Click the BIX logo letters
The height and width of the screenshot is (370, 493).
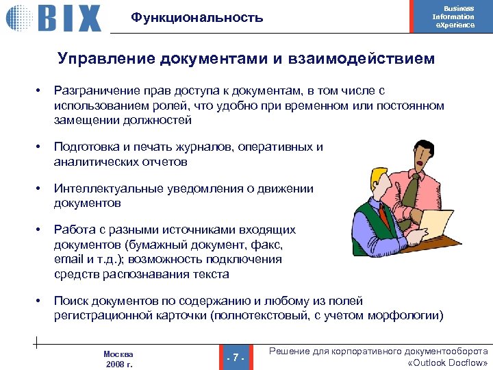click(68, 18)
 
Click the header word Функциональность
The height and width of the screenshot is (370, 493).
click(197, 18)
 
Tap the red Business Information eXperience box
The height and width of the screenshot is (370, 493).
click(453, 16)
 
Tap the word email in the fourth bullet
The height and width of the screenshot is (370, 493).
click(68, 260)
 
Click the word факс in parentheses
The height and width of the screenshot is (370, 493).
click(268, 245)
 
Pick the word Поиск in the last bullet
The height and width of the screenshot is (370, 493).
click(71, 301)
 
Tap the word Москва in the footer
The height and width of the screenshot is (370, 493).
click(118, 354)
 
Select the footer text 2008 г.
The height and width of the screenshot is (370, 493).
click(118, 364)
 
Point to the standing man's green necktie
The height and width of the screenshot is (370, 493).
click(412, 191)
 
